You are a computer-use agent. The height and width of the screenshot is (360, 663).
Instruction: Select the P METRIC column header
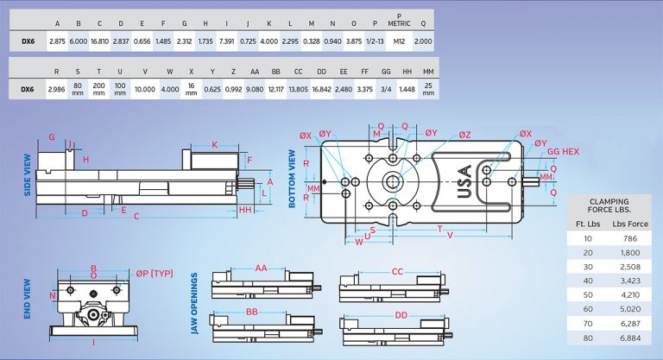click(398, 20)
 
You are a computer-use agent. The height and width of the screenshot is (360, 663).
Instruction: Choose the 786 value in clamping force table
click(624, 237)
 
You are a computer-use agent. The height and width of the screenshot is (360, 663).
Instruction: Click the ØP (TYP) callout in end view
click(154, 274)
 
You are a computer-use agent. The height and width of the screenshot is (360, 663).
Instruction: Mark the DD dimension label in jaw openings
click(401, 315)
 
